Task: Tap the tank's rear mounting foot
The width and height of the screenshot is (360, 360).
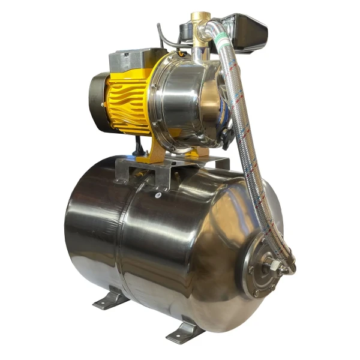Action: (x=112, y=298)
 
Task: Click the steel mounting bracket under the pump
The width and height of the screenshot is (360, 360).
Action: (x=162, y=171)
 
